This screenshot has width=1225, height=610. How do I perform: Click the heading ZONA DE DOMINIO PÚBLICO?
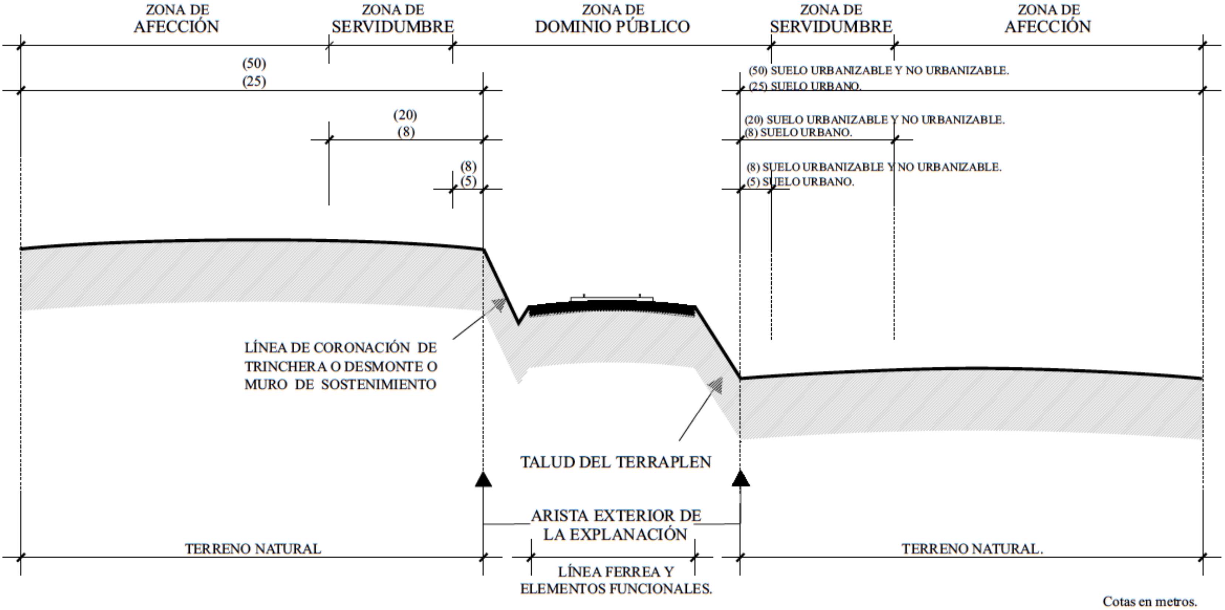coord(612,19)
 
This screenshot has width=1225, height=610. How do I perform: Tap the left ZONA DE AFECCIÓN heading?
coord(176,19)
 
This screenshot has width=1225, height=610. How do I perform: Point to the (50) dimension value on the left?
coord(254,63)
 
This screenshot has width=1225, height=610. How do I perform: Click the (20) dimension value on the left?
coord(405,115)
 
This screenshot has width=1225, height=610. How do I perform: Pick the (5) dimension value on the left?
coord(469,181)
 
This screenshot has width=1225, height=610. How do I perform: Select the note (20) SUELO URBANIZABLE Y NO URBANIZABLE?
coord(874,119)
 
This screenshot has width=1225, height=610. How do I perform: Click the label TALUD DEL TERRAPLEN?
coord(615,462)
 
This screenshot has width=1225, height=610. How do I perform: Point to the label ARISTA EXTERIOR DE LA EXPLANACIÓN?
coord(615,525)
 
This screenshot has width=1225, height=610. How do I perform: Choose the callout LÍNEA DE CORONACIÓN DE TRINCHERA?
coord(340,366)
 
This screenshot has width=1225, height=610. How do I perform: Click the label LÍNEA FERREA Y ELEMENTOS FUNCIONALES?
coord(616,580)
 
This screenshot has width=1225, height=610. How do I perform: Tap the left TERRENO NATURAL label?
coord(253,549)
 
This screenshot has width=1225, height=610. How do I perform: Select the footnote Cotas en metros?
coord(1149,602)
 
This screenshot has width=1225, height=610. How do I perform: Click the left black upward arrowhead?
coord(483,480)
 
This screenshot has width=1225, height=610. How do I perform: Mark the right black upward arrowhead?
coord(740,479)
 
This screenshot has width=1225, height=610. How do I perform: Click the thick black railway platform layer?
coord(612,309)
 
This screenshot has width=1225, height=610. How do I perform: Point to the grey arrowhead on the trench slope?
coord(499,304)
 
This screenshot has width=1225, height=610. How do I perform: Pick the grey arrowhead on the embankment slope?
coord(716,385)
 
